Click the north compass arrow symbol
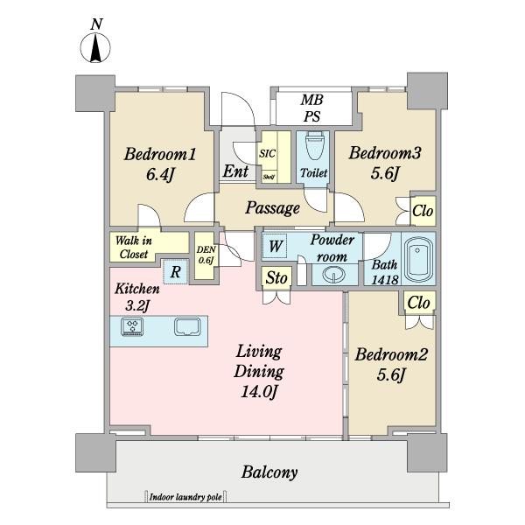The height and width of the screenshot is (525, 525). click(x=95, y=48)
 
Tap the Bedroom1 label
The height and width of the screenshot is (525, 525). click(x=160, y=154)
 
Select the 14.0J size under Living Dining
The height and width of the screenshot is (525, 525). click(x=259, y=391)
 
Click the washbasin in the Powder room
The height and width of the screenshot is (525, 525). click(x=334, y=275)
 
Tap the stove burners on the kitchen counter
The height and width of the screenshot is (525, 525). click(x=132, y=326)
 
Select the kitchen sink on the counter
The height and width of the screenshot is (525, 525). click(x=187, y=326)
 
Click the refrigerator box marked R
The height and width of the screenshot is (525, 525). click(x=176, y=272)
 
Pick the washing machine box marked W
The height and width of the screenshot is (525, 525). click(x=274, y=246)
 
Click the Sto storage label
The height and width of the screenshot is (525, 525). click(x=276, y=278)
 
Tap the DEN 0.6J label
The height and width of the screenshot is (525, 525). click(x=206, y=255)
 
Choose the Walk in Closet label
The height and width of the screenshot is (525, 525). click(x=133, y=247)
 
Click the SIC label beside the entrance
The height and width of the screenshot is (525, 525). click(x=267, y=154)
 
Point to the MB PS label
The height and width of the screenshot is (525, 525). click(x=312, y=108)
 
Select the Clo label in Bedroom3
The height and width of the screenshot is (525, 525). click(x=423, y=211)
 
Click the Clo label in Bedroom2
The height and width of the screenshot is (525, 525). click(x=418, y=303)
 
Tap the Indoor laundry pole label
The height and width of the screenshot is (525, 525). click(x=185, y=497)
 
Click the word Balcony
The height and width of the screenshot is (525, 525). click(x=269, y=472)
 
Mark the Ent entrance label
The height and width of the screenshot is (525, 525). click(x=236, y=171)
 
